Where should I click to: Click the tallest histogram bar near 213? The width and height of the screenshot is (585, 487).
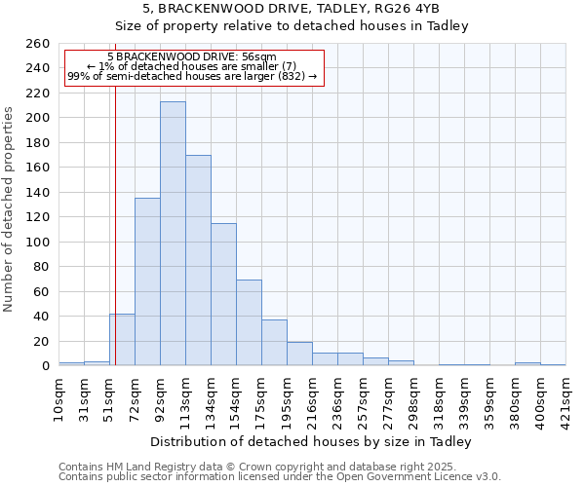(x=173, y=234)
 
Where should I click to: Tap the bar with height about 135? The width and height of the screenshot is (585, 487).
(x=147, y=281)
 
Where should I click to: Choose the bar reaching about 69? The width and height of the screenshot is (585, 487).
(x=249, y=322)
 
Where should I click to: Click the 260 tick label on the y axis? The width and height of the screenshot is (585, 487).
(x=37, y=44)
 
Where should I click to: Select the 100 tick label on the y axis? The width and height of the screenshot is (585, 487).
(x=37, y=242)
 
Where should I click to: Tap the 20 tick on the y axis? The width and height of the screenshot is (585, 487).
(x=41, y=341)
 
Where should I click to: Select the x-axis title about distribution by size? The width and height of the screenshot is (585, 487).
(x=311, y=442)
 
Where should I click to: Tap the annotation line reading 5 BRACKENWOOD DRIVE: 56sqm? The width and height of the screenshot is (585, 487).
(x=192, y=57)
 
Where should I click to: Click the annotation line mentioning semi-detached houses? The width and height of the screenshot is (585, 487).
(x=192, y=76)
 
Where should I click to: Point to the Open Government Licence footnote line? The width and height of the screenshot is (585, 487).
(x=280, y=477)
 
